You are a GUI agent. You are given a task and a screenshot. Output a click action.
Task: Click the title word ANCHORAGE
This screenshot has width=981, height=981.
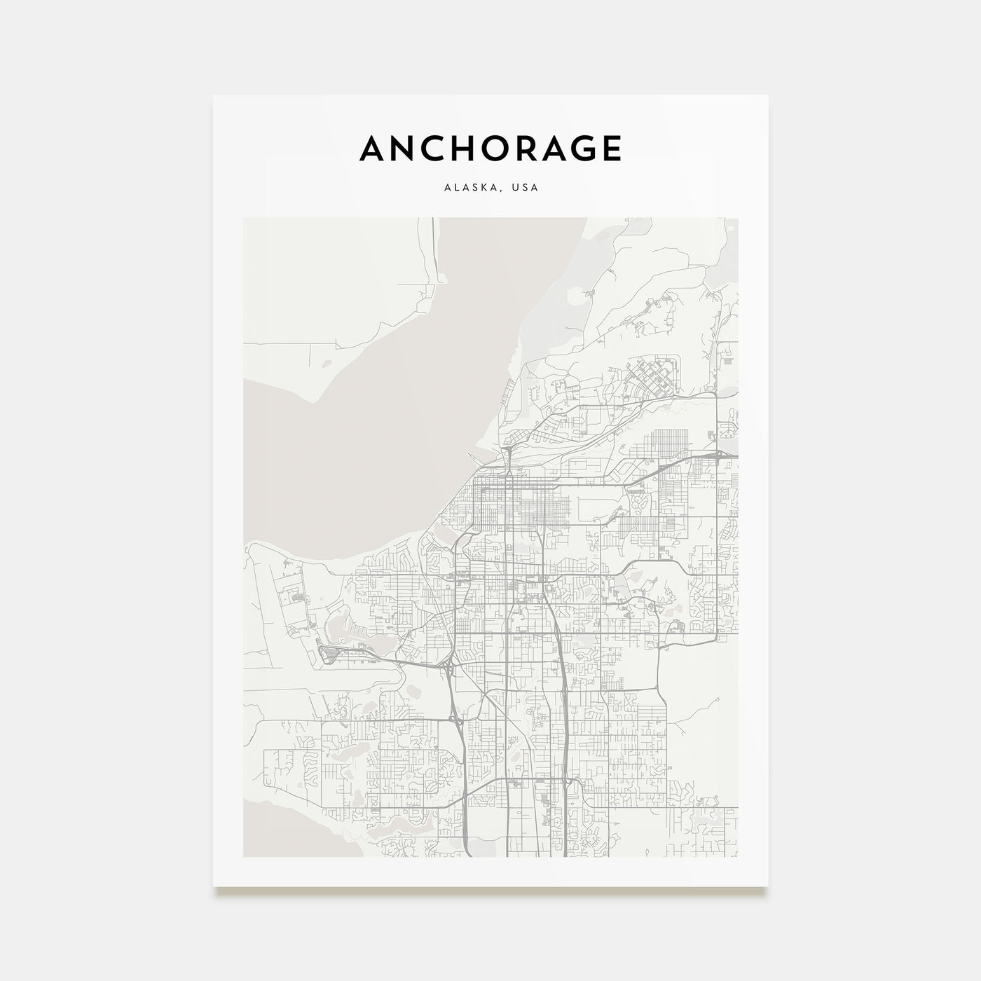click(490, 148)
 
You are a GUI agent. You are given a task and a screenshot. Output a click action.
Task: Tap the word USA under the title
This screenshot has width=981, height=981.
click(525, 188)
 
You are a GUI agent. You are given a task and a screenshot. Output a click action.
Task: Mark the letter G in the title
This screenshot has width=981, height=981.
click(576, 148)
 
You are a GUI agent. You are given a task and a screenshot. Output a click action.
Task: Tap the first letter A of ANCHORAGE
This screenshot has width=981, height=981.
click(372, 148)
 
